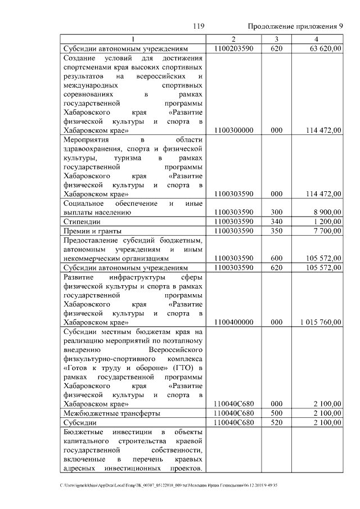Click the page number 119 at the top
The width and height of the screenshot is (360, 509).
[x=197, y=26]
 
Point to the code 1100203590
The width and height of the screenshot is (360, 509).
[x=234, y=49]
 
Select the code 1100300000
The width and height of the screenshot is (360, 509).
[x=234, y=130]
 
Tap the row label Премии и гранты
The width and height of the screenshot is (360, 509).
[x=90, y=231]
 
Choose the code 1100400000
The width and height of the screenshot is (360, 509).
[x=234, y=322]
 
